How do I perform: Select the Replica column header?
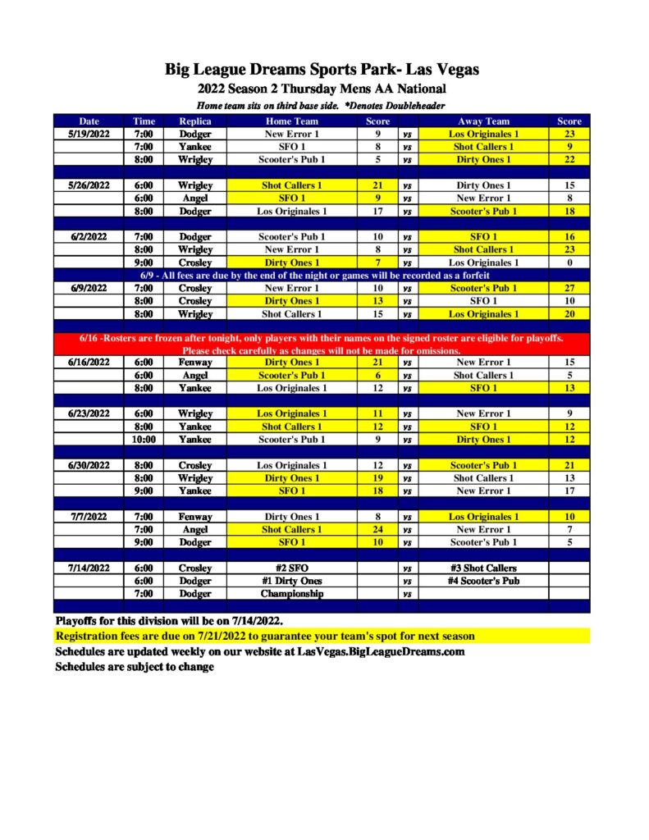[195, 121]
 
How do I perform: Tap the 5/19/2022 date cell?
[89, 134]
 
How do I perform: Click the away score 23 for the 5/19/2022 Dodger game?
[569, 134]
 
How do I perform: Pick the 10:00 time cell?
[144, 440]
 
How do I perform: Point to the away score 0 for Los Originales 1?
[569, 262]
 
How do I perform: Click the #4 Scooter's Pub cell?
[483, 581]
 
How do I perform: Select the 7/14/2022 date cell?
[89, 568]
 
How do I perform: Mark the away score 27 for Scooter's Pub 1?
[569, 288]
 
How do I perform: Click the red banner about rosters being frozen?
[322, 344]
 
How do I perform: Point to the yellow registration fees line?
[264, 636]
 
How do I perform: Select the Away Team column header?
[483, 121]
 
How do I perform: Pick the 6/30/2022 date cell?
[89, 465]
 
